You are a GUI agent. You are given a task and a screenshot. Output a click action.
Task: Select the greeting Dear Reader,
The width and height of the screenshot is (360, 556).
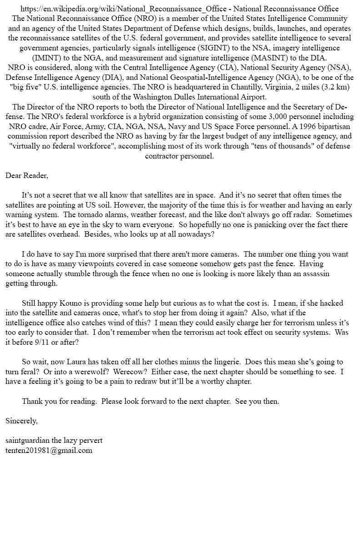pos(27,175)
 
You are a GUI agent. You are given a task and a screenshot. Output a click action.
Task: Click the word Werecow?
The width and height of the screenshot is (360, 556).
pos(130,372)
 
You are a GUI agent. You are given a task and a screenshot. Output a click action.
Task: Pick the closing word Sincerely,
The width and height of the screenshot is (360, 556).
pos(22,421)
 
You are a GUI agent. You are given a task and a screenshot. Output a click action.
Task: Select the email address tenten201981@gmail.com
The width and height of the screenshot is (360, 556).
pos(49,451)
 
